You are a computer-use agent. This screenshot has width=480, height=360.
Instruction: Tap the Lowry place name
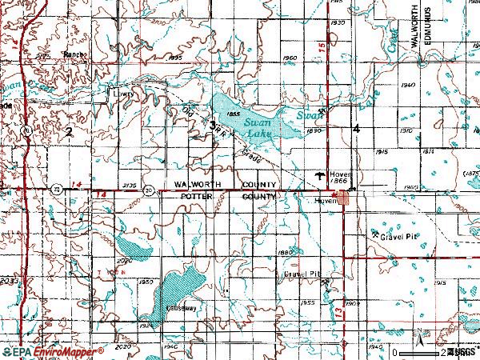tap(121, 93)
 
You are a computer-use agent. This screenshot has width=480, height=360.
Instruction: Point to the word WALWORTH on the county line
tap(194, 184)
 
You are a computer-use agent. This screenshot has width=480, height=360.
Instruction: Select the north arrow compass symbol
tap(415, 337)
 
